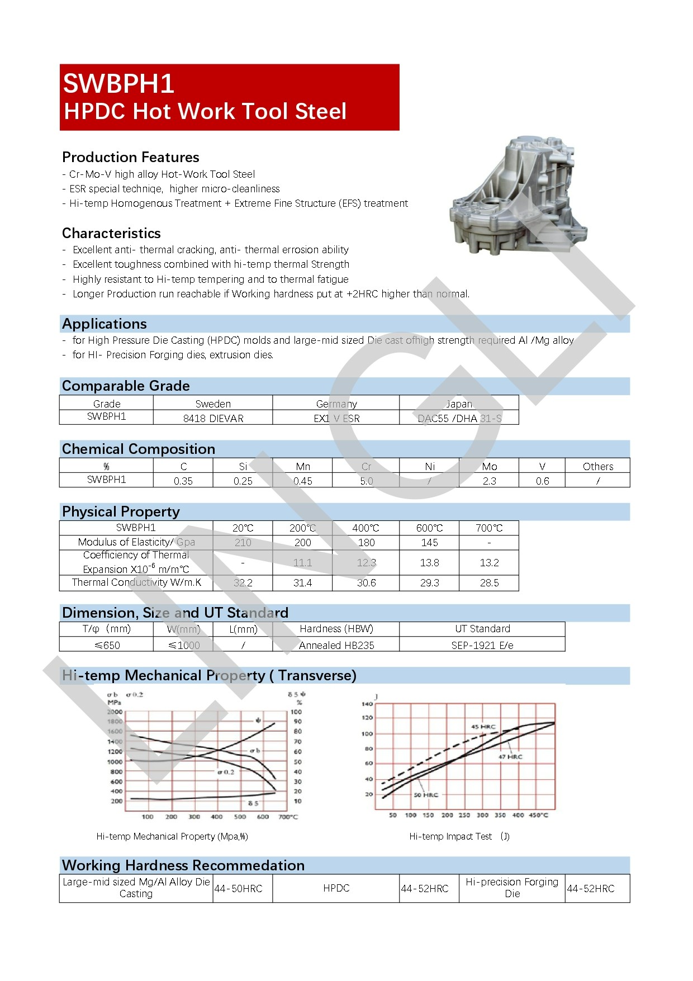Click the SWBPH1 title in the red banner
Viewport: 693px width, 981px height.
point(118,84)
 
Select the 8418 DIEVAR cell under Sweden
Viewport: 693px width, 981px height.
point(213,418)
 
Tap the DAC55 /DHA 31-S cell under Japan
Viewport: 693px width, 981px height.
point(459,418)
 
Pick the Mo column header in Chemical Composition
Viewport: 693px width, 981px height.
point(489,466)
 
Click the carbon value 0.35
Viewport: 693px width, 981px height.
point(183,481)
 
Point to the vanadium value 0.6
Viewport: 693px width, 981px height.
point(542,481)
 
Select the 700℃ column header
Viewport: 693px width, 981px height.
point(489,528)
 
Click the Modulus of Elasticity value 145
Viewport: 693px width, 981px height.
point(429,542)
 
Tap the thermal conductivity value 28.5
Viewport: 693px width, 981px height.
point(489,582)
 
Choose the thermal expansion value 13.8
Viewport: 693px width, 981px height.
point(429,562)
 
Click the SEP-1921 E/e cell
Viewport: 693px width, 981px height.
point(482,645)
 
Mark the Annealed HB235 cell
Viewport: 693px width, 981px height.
point(336,645)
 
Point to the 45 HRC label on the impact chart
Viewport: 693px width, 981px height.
point(483,727)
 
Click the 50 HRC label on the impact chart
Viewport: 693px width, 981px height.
point(426,795)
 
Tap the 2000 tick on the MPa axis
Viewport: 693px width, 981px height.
point(115,712)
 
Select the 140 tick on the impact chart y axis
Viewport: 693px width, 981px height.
point(367,704)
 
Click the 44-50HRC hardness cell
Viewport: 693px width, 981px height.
point(239,888)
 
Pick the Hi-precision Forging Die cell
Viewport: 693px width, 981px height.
point(512,888)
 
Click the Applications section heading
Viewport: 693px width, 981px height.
point(105,324)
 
